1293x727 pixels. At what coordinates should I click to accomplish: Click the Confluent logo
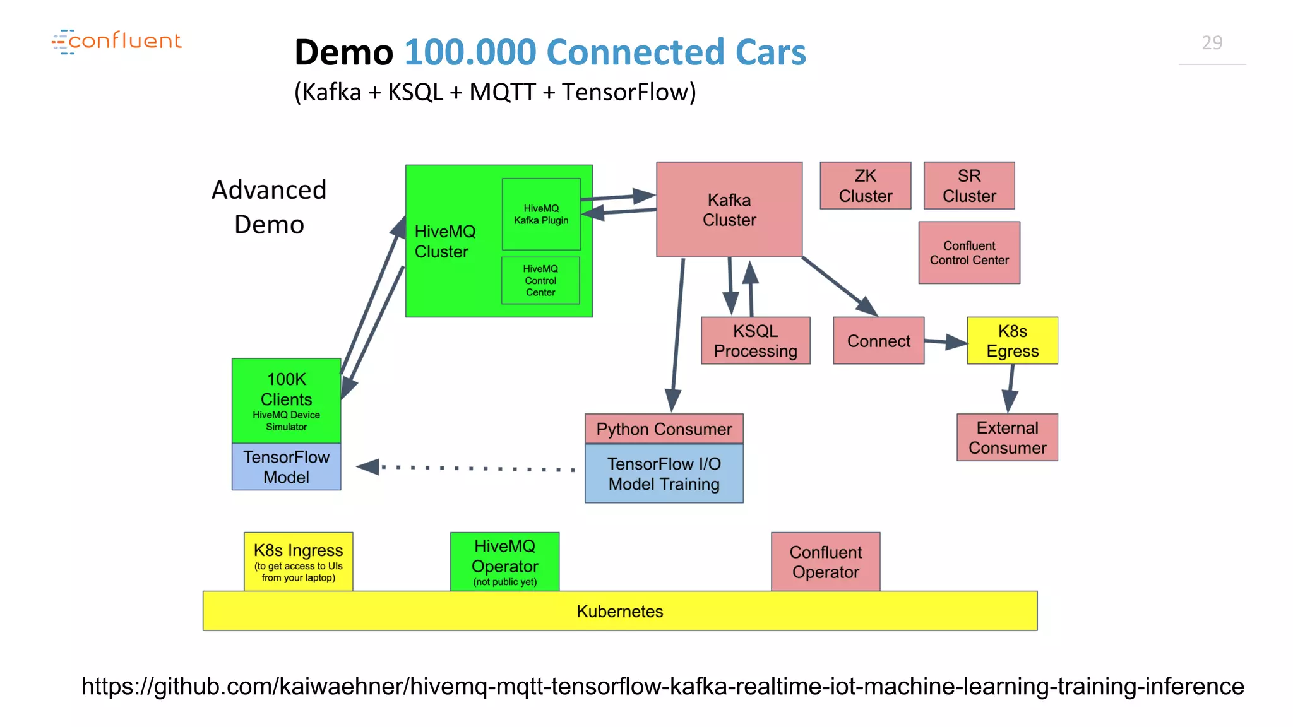117,42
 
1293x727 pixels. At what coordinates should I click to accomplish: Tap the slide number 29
1212,43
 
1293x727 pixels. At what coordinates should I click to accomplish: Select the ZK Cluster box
865,186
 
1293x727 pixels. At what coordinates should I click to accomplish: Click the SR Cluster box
968,186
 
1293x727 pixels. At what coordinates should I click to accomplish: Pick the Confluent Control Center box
968,252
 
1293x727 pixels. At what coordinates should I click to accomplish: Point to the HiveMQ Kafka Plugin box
540,215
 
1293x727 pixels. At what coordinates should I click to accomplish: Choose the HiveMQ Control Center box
540,280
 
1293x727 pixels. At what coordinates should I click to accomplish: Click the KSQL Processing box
755,341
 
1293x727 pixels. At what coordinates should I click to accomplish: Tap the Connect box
878,341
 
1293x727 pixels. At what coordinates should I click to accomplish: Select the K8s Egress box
1012,341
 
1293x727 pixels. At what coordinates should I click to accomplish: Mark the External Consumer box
1007,437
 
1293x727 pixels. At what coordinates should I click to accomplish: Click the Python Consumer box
664,429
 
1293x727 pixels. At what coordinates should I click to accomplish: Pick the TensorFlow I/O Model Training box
664,474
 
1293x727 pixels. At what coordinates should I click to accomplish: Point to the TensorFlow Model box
286,467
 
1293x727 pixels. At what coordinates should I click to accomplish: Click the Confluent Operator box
825,562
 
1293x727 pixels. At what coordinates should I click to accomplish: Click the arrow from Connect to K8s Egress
945,342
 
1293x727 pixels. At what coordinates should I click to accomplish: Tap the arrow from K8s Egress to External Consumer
1010,387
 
